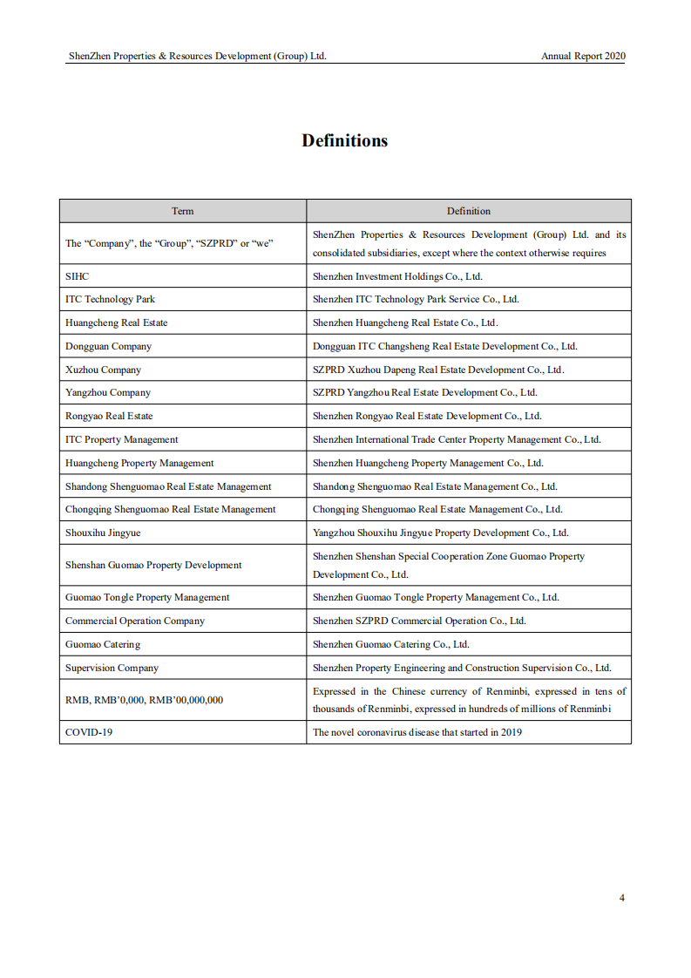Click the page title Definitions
(x=345, y=141)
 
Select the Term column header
(x=183, y=211)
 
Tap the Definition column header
(x=469, y=211)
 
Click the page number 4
(x=621, y=898)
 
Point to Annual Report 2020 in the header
(x=583, y=56)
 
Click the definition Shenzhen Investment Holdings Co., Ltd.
(x=397, y=276)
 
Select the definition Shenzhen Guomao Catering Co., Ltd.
(x=391, y=644)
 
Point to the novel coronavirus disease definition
(x=417, y=732)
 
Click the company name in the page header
(x=198, y=56)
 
